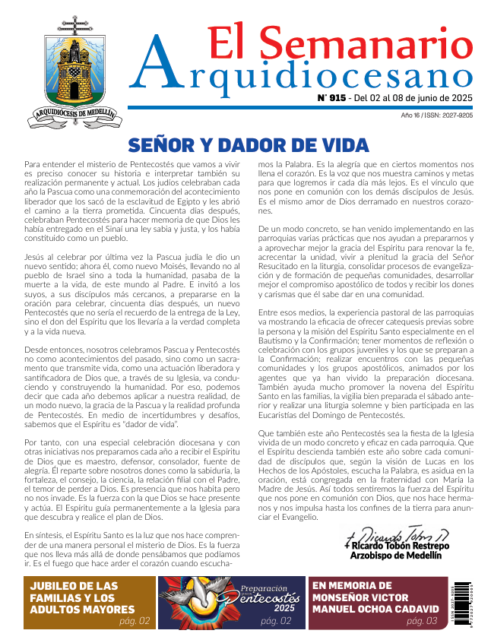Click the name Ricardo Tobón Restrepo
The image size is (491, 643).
(398, 546)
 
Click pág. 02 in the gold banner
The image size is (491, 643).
(134, 621)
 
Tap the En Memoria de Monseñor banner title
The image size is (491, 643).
(376, 597)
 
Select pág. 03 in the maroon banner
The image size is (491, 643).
(422, 621)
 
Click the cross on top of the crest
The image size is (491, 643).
(74, 22)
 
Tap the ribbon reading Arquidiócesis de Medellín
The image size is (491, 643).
(74, 115)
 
